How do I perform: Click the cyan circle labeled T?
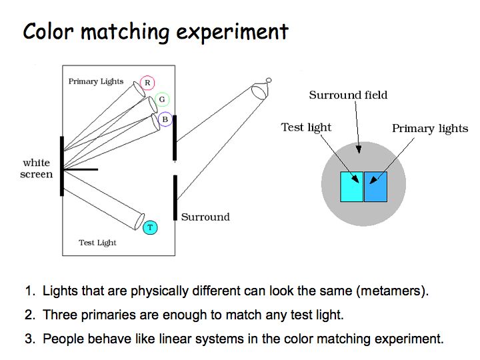pyautogui.click(x=150, y=227)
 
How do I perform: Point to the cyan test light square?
pyautogui.click(x=352, y=187)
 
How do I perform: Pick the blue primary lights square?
pyautogui.click(x=375, y=187)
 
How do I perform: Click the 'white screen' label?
pyautogui.click(x=37, y=169)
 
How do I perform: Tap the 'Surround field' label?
pyautogui.click(x=348, y=95)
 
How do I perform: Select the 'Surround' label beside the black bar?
pyautogui.click(x=205, y=217)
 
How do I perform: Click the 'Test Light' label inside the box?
pyautogui.click(x=97, y=243)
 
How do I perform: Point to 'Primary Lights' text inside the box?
pyautogui.click(x=96, y=81)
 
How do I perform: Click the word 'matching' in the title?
pyautogui.click(x=125, y=32)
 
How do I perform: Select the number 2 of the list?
pyautogui.click(x=30, y=315)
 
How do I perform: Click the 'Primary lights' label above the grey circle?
pyautogui.click(x=430, y=129)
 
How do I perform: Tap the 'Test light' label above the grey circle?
pyautogui.click(x=306, y=127)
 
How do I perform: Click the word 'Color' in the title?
pyautogui.click(x=49, y=31)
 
